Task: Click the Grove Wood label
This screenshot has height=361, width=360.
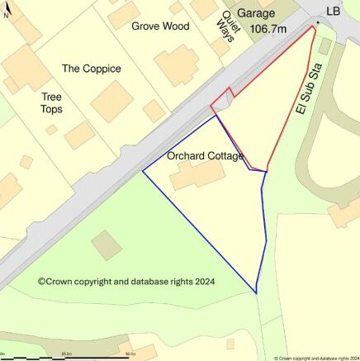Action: [160, 26]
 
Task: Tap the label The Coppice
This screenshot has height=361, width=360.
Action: [91, 69]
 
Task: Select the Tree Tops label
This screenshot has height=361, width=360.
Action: [51, 102]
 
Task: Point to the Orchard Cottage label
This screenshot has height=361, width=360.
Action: [205, 156]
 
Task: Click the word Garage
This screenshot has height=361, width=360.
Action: [255, 13]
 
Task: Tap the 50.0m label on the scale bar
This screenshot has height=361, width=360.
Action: [130, 353]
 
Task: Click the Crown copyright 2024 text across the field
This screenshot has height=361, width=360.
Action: [126, 282]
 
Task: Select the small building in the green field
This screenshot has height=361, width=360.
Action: [107, 245]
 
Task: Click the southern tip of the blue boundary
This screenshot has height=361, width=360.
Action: [256, 292]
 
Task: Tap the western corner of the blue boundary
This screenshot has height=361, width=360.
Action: [144, 171]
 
